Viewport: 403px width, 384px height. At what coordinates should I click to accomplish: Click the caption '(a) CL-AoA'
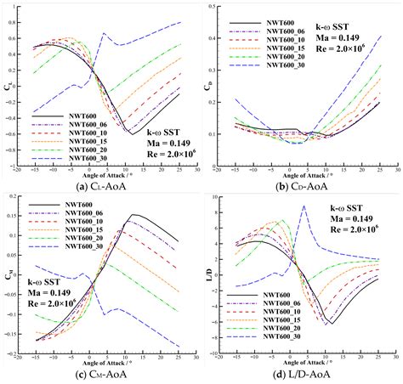coord(102,186)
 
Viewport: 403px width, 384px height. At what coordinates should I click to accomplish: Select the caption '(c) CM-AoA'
coord(102,376)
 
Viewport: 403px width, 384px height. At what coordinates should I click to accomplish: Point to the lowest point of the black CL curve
coord(132,133)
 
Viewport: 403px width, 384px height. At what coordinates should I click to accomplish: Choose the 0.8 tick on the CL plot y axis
coord(20,23)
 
